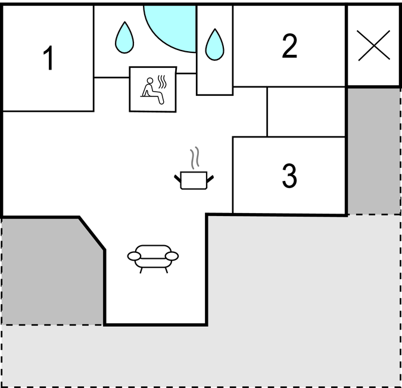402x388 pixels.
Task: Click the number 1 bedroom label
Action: click(48, 58)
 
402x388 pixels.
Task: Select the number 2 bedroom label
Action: click(289, 46)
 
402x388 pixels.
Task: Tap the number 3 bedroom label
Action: click(289, 176)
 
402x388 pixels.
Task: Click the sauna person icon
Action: click(153, 90)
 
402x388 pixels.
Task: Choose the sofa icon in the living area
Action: click(153, 259)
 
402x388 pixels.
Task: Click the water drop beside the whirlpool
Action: click(124, 37)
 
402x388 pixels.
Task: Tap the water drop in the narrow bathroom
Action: click(214, 45)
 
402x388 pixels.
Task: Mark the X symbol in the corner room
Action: click(374, 46)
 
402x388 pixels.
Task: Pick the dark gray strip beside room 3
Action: click(374, 151)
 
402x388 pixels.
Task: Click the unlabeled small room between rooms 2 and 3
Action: click(306, 112)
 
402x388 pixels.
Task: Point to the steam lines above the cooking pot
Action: click(195, 158)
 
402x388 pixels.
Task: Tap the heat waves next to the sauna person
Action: click(162, 82)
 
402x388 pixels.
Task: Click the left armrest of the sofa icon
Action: click(134, 256)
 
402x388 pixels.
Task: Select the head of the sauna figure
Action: click(150, 81)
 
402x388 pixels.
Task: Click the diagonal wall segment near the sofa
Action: click(92, 233)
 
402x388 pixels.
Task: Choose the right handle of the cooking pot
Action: click(210, 179)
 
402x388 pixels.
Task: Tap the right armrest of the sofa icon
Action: click(172, 256)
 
